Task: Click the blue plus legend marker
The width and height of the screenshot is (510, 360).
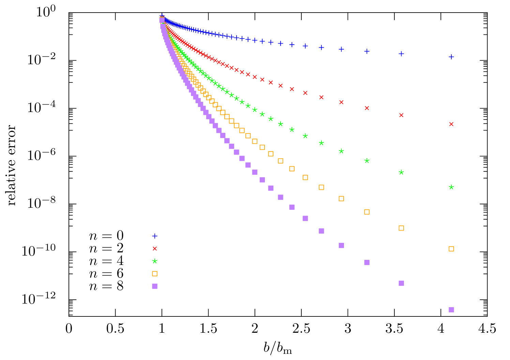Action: click(155, 236)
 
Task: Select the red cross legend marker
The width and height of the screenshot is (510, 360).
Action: click(155, 249)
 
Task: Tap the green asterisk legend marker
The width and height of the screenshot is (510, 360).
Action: click(155, 261)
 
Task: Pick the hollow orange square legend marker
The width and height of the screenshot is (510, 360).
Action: click(155, 274)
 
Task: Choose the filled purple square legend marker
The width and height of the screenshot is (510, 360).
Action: click(155, 286)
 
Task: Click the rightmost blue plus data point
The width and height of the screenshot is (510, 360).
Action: click(451, 57)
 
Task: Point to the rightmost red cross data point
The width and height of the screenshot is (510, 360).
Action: click(451, 124)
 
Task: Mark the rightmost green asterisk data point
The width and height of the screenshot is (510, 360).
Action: click(451, 187)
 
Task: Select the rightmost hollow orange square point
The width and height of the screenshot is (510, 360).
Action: click(451, 249)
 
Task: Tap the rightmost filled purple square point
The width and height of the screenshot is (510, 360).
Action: click(451, 310)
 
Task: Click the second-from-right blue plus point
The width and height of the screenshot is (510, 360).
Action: click(401, 54)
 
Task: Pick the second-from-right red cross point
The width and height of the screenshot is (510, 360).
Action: click(401, 115)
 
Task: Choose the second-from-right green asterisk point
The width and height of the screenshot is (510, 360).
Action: click(401, 172)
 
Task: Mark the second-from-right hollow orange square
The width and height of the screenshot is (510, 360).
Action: click(401, 228)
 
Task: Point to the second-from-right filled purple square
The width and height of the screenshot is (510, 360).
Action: click(401, 283)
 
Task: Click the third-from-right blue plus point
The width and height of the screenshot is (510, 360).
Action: click(367, 51)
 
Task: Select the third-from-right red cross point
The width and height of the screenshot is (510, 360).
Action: click(367, 108)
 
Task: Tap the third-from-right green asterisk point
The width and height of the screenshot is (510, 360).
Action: click(367, 161)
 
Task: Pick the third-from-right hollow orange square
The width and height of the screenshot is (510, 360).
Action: click(367, 212)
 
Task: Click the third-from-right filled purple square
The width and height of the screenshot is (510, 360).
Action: click(367, 263)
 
